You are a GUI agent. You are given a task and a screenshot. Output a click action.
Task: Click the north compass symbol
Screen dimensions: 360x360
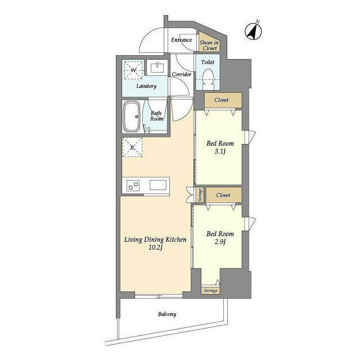tap(254, 31)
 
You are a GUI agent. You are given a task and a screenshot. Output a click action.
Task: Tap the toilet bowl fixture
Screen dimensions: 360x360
tap(208, 79)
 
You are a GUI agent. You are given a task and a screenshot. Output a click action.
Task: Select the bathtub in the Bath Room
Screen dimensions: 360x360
tap(132, 116)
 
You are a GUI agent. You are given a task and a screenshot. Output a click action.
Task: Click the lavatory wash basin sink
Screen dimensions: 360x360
tap(157, 67)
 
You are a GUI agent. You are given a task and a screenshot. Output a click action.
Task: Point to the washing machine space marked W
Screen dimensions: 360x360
tap(133, 70)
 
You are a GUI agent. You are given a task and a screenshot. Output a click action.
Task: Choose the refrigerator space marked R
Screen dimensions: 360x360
tap(132, 147)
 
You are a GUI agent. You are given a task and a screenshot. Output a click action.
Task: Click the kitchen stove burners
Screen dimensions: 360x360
tap(133, 186)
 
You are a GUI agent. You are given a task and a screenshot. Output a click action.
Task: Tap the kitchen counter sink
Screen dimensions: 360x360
tap(158, 185)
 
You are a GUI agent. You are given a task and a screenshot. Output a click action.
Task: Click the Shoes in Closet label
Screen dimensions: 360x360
tap(209, 45)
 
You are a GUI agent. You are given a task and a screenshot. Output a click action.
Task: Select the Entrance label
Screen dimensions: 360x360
tap(181, 40)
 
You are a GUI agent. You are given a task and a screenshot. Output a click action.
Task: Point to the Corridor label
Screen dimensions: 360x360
tap(181, 74)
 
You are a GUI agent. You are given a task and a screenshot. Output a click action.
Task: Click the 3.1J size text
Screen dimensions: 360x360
tap(220, 151)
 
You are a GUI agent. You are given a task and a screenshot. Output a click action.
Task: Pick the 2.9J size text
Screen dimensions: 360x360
tap(220, 242)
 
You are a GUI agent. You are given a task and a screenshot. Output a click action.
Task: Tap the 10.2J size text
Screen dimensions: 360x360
tap(155, 247)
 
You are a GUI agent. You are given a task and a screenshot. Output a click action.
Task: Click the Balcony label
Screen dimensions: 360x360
tap(167, 314)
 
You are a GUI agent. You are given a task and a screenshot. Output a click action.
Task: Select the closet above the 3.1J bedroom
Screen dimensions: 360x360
tap(223, 100)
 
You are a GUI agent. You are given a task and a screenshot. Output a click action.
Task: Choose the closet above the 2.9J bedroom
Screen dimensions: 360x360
tap(224, 195)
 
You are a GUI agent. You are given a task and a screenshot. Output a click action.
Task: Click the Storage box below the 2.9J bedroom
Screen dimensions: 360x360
tap(210, 290)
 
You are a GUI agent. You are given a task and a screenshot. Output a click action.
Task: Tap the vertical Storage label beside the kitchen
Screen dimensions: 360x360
tap(200, 195)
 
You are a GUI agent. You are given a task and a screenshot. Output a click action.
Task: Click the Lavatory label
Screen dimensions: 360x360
tap(146, 86)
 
